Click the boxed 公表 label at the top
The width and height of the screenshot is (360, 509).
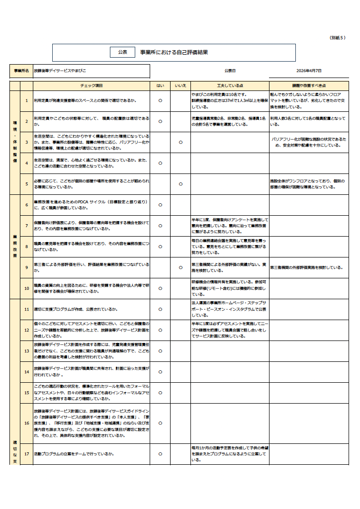[x=122, y=52]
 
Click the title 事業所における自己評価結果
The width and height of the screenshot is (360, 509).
[x=174, y=52]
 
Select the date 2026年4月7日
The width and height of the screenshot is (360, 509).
[x=309, y=71]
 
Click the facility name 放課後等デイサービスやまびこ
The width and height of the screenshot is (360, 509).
[x=60, y=72]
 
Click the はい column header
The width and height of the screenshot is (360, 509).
[x=160, y=85]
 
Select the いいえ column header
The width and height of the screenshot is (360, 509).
[x=180, y=85]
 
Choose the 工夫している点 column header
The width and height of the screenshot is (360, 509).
[x=230, y=85]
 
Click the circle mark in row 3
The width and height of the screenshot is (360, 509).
[x=180, y=142]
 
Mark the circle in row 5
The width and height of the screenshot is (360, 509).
[x=180, y=184]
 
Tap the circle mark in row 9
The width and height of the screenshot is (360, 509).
[x=180, y=267]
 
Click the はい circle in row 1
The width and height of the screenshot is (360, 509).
[x=160, y=100]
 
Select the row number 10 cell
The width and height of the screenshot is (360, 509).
[x=26, y=288]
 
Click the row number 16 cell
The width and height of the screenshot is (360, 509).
[x=26, y=423]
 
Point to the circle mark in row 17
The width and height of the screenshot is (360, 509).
[x=160, y=454]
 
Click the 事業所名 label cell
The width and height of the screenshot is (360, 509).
[x=21, y=72]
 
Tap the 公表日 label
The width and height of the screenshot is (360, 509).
[x=230, y=71]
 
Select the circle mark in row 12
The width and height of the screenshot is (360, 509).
[x=160, y=330]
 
